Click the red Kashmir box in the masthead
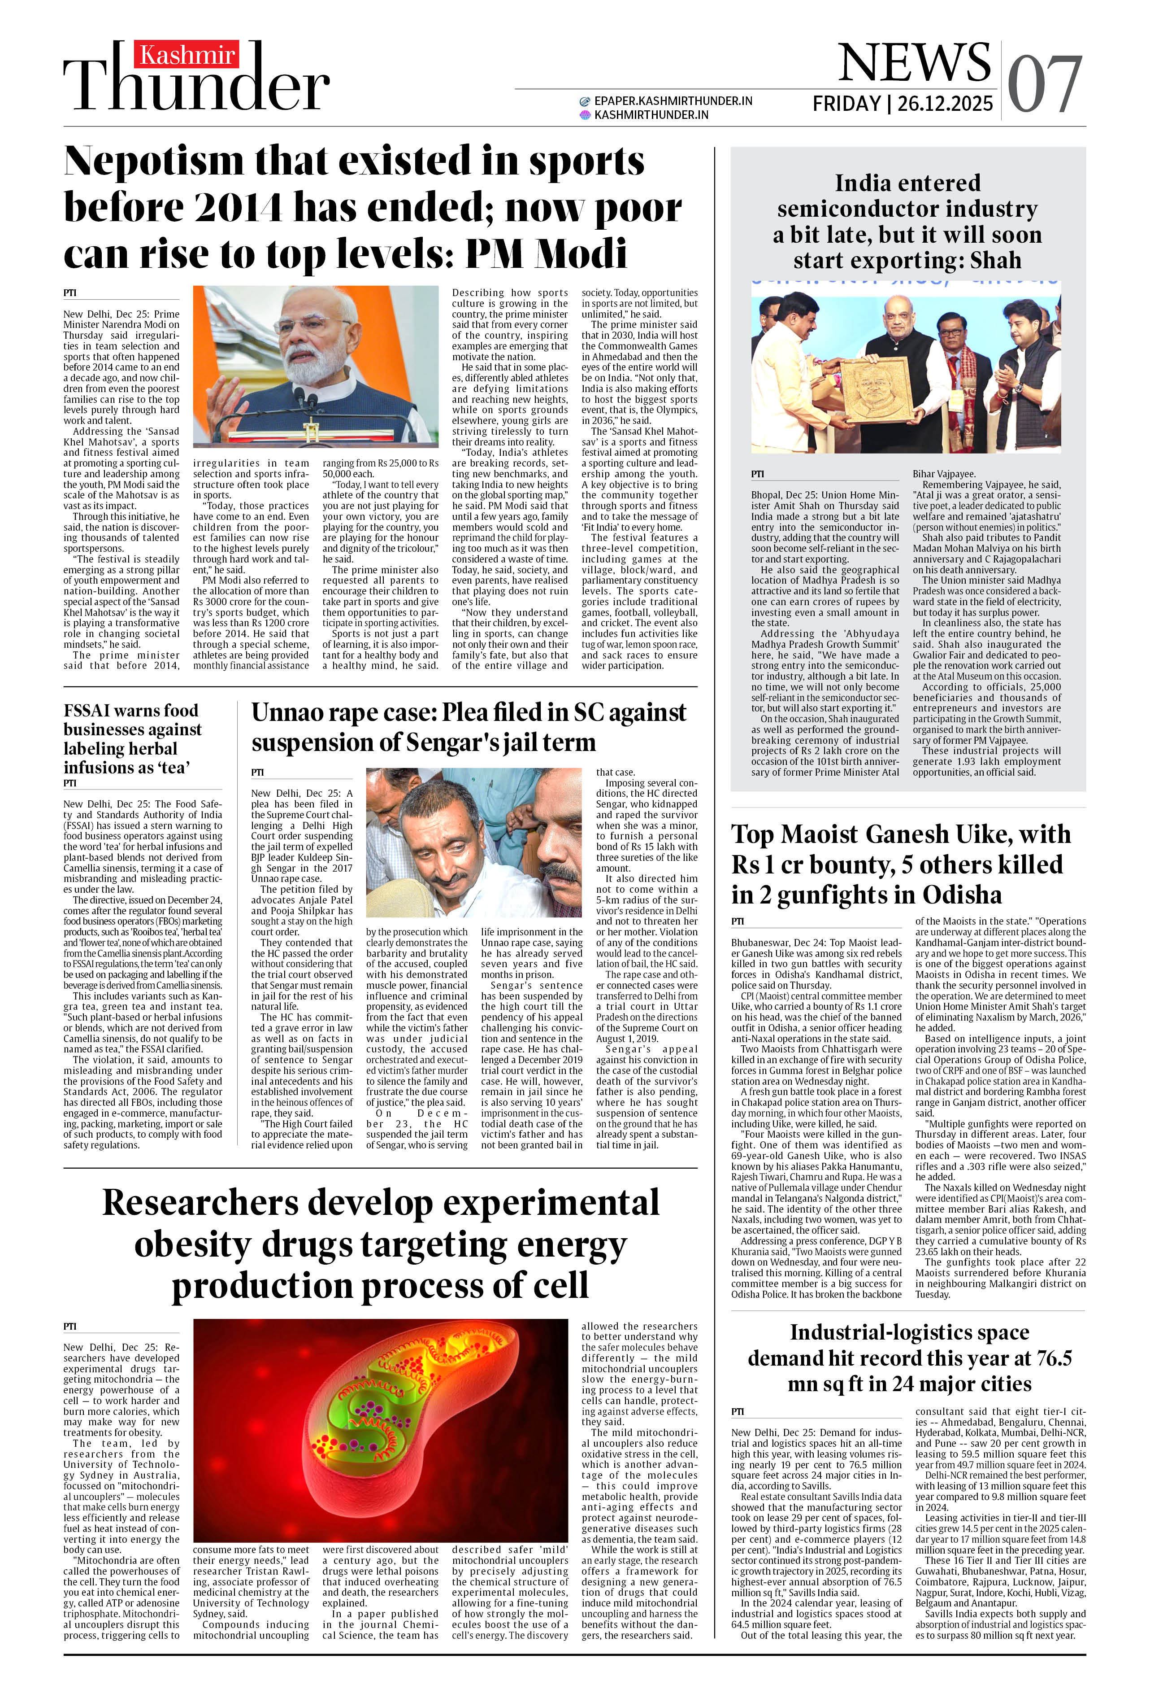tap(186, 54)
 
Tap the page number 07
tap(1044, 86)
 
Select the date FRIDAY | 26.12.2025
tap(902, 104)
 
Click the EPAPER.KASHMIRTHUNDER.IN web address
tap(673, 101)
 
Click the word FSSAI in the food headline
tap(88, 711)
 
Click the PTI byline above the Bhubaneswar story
tap(738, 921)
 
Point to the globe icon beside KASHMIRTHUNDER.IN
tap(586, 114)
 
